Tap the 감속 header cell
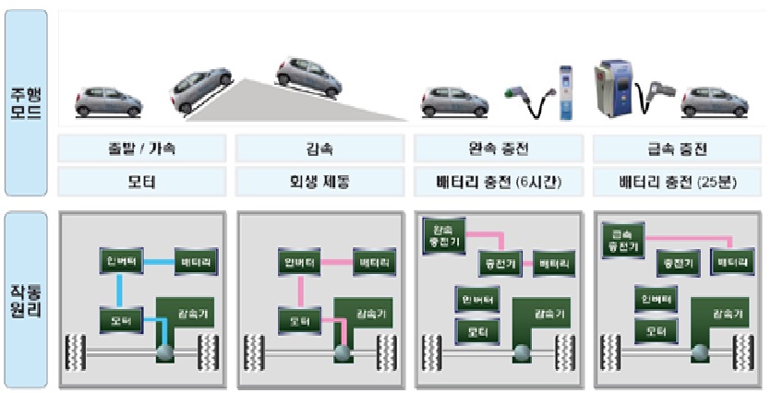[x=319, y=149]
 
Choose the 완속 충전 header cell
[x=496, y=149]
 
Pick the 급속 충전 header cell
[x=673, y=149]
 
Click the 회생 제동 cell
[x=319, y=181]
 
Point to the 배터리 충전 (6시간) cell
[x=496, y=181]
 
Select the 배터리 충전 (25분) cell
[x=673, y=181]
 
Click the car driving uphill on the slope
[x=201, y=90]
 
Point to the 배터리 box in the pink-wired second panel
[x=375, y=263]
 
